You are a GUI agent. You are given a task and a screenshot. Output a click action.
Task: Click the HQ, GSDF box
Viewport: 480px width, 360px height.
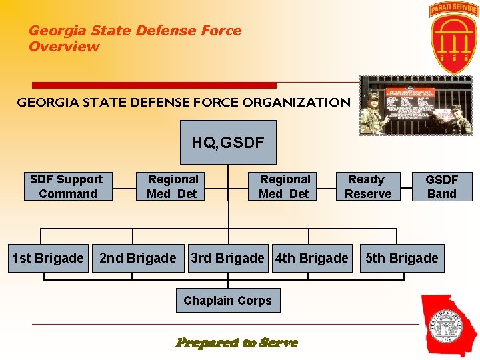click(x=228, y=142)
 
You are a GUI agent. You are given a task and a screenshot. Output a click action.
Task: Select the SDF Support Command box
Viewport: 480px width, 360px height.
click(x=68, y=187)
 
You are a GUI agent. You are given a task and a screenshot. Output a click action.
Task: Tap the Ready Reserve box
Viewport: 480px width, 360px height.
click(x=367, y=187)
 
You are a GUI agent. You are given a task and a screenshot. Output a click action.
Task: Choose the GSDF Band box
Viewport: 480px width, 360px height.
click(x=441, y=187)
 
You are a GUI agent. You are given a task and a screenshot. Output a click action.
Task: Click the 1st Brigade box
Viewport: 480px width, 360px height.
click(x=48, y=258)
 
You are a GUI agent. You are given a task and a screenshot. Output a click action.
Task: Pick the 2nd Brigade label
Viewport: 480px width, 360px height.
click(x=138, y=258)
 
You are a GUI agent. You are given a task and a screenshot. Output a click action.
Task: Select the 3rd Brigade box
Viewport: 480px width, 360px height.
click(x=228, y=258)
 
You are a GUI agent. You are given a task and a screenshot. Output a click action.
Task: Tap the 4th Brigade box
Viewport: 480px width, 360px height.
click(x=312, y=258)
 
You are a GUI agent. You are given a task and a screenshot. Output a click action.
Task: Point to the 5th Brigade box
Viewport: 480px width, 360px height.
click(x=402, y=258)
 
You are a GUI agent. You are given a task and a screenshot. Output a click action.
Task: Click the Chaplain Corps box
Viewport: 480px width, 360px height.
click(x=228, y=301)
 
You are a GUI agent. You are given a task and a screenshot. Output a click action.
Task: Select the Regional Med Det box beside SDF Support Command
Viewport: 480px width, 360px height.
click(x=173, y=187)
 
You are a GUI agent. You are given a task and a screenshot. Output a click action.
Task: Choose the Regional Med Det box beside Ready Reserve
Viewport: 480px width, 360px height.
click(x=285, y=187)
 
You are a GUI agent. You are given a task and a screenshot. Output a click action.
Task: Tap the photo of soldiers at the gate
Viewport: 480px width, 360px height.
click(x=416, y=106)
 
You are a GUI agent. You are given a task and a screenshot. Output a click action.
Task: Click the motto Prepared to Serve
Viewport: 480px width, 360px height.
click(x=237, y=343)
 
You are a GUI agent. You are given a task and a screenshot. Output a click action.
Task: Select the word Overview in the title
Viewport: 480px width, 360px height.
click(x=64, y=47)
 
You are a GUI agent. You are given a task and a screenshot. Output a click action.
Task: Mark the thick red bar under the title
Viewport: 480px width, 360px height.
click(x=154, y=85)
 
